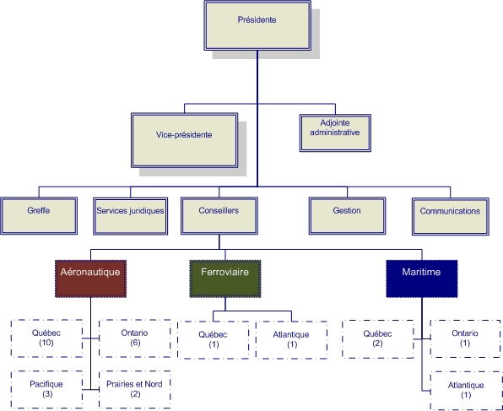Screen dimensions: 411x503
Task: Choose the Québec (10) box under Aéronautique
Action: (x=47, y=338)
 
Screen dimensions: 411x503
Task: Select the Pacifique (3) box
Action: (x=47, y=388)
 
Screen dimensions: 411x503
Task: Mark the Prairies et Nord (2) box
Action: (x=134, y=388)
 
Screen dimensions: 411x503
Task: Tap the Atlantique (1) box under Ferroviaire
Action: (x=292, y=339)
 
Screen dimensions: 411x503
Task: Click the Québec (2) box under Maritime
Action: (x=377, y=338)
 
